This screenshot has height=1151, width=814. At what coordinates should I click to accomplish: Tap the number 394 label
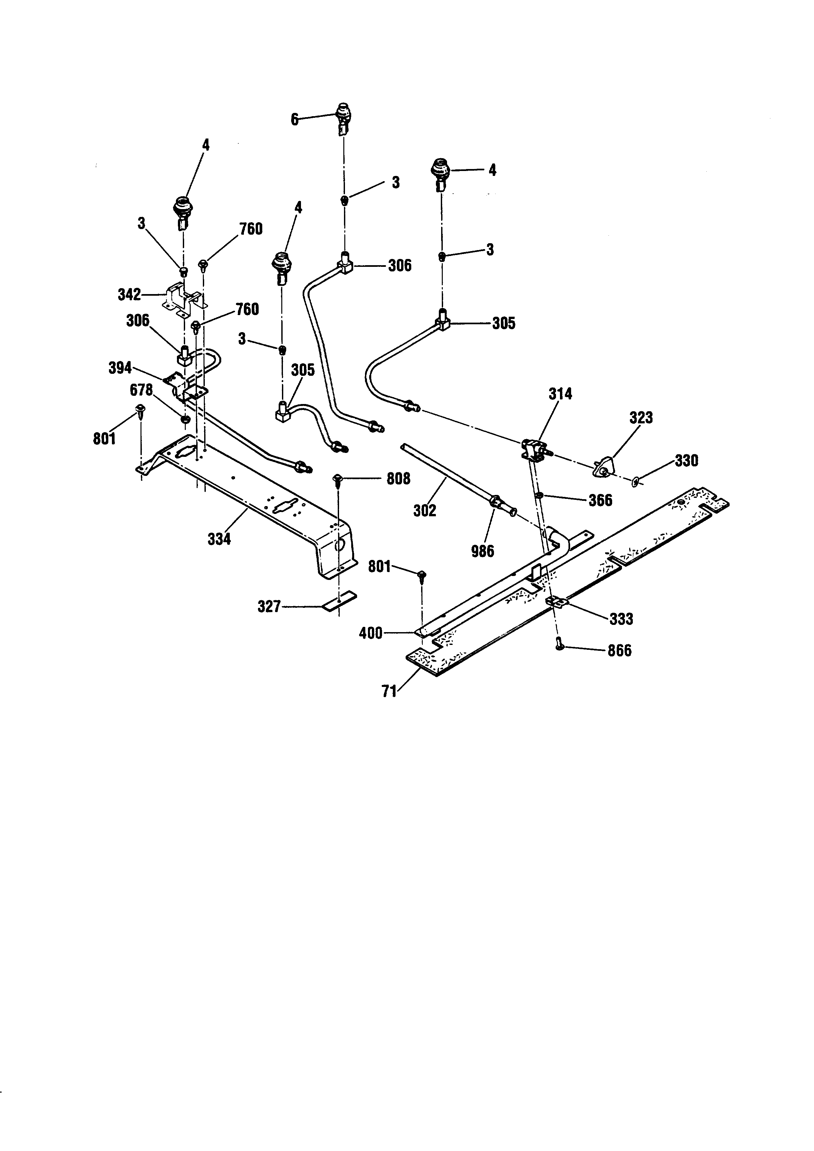120,368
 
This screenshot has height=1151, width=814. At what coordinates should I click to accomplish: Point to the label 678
141,390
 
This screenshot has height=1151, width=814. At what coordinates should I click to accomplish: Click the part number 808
398,479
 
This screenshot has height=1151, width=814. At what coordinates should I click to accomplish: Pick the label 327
269,607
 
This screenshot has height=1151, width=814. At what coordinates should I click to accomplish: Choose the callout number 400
371,633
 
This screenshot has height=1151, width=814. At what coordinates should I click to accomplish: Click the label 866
619,651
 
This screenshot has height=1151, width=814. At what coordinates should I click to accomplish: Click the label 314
560,394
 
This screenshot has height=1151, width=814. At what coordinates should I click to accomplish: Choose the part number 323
641,417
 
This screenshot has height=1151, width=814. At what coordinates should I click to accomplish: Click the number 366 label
600,500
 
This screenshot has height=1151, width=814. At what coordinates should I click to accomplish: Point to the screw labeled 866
560,647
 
